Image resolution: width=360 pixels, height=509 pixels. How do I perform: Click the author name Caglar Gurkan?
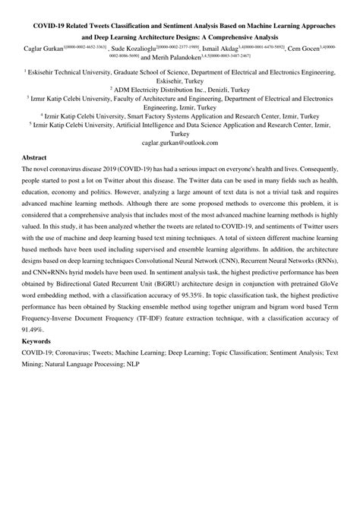pos(44,47)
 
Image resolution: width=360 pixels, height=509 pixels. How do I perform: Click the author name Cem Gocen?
pos(314,47)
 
